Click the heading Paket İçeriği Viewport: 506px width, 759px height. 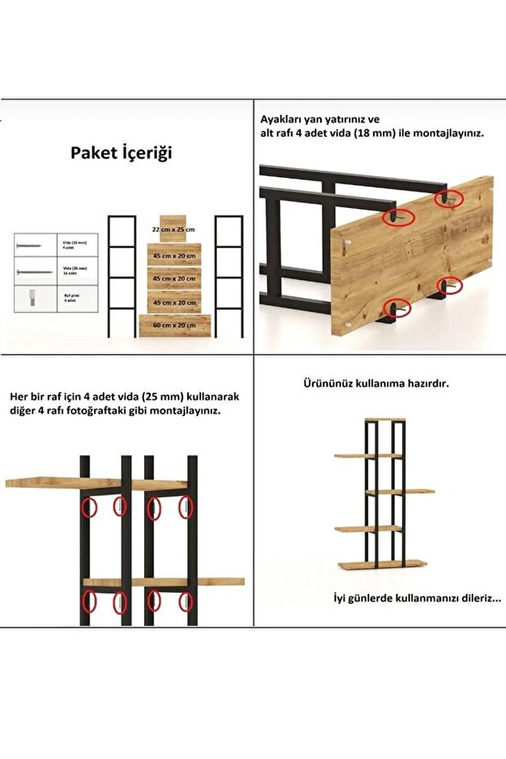(121, 153)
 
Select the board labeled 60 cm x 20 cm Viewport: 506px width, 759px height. (174, 324)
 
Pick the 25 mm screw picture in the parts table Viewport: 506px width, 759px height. (28, 271)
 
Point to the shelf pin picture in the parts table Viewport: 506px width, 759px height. (28, 297)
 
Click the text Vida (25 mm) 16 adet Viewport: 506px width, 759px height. (74, 271)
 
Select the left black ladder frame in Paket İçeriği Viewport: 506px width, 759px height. (122, 278)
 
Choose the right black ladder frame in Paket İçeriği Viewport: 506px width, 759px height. (228, 278)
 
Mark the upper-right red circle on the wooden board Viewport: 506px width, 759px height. (448, 197)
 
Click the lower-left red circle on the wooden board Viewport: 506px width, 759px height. (396, 307)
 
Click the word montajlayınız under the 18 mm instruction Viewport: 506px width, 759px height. (441, 133)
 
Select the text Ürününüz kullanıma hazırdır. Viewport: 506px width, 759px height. (377, 384)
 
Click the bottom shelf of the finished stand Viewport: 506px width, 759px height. (372, 564)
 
